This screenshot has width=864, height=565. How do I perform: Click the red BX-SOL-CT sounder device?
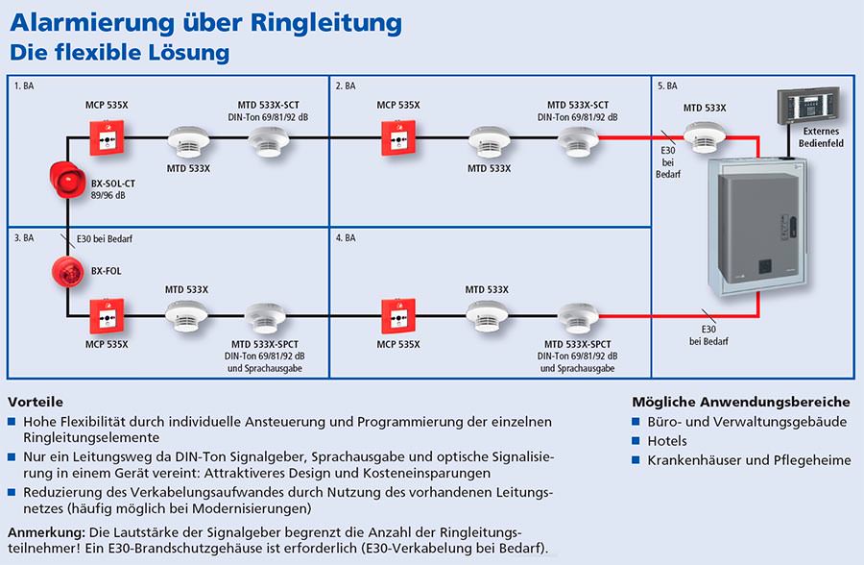(x=67, y=180)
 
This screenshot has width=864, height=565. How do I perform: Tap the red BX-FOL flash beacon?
(x=68, y=272)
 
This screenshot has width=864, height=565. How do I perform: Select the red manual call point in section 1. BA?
(x=107, y=138)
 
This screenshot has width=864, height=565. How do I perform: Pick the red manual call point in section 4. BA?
(x=398, y=316)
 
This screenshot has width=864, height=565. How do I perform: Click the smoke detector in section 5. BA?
(x=705, y=136)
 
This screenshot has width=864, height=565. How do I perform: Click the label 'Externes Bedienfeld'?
(x=821, y=136)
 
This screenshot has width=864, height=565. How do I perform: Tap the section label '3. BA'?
(x=24, y=237)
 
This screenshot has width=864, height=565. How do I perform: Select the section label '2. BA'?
(x=346, y=86)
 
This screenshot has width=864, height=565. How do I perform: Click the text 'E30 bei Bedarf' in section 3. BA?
(x=105, y=239)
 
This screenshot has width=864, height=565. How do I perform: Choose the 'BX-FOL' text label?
(x=107, y=271)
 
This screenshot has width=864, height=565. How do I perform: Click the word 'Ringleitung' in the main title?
(x=326, y=24)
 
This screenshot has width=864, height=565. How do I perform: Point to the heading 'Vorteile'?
(x=36, y=402)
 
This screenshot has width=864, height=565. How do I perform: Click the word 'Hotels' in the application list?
(x=667, y=441)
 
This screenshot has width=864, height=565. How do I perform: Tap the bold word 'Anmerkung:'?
(x=46, y=533)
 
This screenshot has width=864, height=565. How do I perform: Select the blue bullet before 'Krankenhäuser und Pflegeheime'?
(x=636, y=459)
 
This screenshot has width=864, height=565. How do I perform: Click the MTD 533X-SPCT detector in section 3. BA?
(x=265, y=318)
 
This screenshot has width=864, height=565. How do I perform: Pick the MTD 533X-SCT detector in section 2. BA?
(x=578, y=142)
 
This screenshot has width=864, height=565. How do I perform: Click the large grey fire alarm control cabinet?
(x=757, y=227)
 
